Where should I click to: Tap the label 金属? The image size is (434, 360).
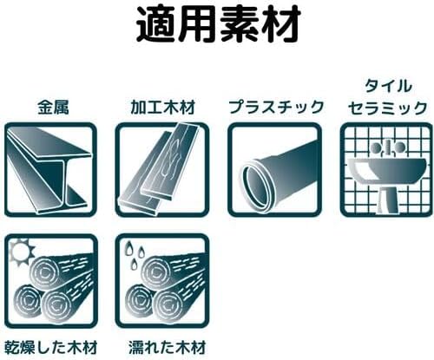(x=53, y=107)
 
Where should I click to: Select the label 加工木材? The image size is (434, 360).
(x=163, y=107)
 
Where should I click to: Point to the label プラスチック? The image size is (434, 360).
(x=276, y=107)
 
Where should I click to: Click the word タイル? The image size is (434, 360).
(x=388, y=86)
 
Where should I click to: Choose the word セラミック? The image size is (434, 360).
(x=388, y=108)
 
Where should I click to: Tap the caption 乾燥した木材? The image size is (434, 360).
(x=51, y=347)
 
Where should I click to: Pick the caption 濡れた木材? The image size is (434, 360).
(x=167, y=347)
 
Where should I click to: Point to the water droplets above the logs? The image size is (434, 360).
(x=135, y=253)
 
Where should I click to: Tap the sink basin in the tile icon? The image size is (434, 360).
(x=386, y=170)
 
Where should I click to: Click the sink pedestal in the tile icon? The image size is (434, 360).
(x=388, y=200)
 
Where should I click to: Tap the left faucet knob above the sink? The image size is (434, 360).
(x=377, y=147)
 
